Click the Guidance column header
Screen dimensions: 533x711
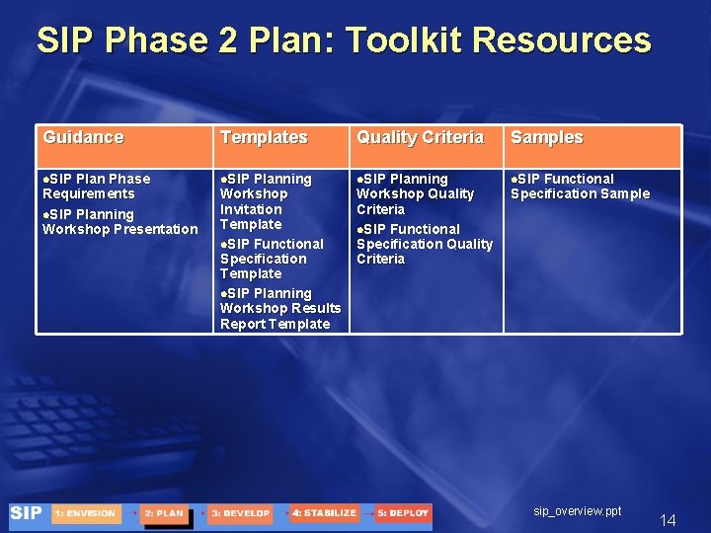[83, 138]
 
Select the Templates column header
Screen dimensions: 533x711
[264, 138]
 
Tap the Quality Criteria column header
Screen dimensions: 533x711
[420, 138]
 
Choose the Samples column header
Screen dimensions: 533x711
[546, 138]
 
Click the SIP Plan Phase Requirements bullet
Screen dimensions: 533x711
[96, 187]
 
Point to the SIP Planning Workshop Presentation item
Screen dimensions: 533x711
[119, 222]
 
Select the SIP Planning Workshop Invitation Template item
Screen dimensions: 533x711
[265, 201]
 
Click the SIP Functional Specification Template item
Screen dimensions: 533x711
[271, 259]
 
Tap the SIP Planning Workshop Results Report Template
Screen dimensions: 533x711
[279, 309]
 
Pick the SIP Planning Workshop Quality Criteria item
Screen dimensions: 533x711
[415, 194]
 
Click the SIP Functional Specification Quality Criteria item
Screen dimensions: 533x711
[424, 244]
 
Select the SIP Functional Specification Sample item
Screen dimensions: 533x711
[580, 187]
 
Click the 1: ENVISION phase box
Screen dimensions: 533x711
[86, 513]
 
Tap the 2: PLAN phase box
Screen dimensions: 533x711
[164, 513]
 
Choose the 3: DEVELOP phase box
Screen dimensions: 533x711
[241, 513]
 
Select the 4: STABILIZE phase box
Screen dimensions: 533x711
[324, 513]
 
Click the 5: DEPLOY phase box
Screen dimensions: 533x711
[403, 513]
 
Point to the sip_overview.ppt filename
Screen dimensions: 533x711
[578, 511]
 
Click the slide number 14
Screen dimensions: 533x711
[668, 520]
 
